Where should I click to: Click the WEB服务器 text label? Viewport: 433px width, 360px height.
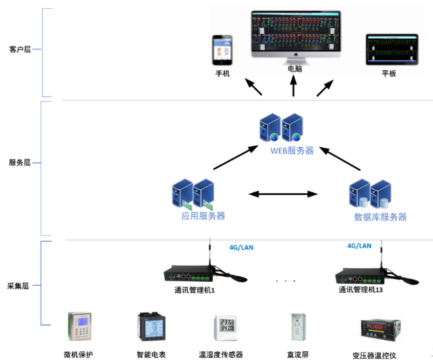(x=292, y=151)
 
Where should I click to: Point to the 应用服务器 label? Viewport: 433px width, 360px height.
(x=203, y=216)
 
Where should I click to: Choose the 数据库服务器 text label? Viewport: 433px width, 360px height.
(x=380, y=217)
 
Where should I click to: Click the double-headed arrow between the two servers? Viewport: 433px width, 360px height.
(x=283, y=195)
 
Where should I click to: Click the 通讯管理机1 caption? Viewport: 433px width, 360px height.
(x=194, y=290)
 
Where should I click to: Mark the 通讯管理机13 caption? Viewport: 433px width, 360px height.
(x=361, y=290)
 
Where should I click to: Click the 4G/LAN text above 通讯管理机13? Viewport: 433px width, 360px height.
(x=359, y=247)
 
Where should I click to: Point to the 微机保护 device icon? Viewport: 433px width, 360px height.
(x=80, y=326)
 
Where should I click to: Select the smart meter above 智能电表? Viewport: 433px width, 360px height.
(x=150, y=326)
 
